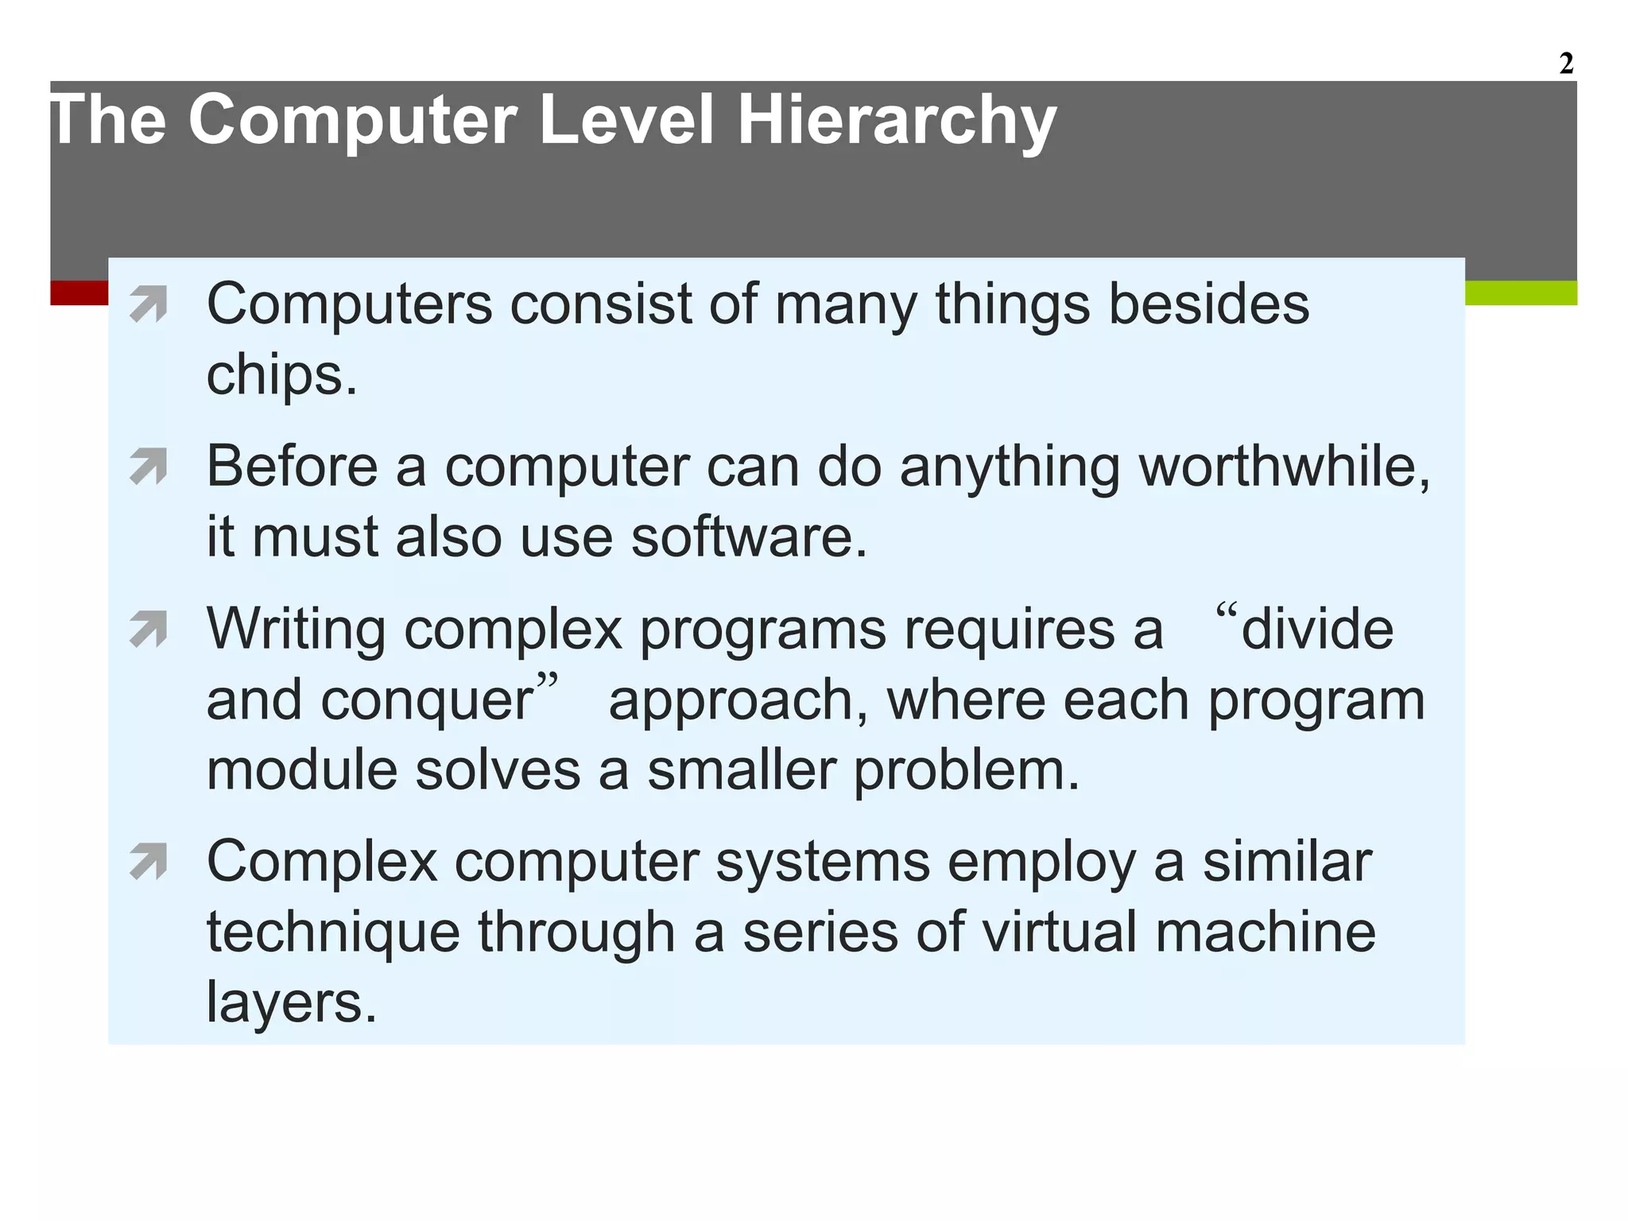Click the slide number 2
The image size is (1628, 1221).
point(1565,64)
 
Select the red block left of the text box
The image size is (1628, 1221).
point(79,293)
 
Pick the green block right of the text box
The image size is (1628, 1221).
point(1521,293)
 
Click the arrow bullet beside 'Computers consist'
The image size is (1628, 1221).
point(149,305)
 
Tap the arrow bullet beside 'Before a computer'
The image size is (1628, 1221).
point(149,467)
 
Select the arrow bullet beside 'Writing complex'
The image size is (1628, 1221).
point(149,630)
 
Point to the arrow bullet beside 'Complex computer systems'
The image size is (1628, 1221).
point(149,862)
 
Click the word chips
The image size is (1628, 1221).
point(281,375)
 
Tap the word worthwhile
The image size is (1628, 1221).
point(1284,467)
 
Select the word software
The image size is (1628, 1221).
point(748,537)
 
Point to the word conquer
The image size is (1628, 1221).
point(428,701)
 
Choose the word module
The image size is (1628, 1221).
point(301,770)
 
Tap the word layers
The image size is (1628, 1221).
point(291,1002)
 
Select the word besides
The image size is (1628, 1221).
point(1208,305)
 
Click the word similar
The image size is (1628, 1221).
point(1287,862)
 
